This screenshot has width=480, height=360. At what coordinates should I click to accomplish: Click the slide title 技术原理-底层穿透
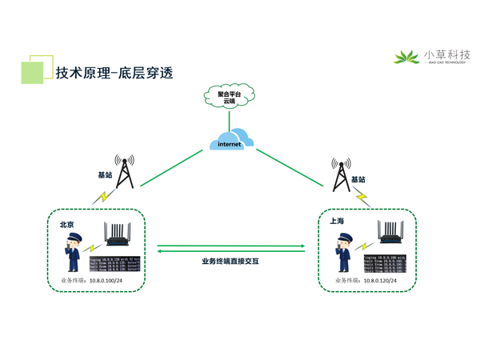click(x=114, y=72)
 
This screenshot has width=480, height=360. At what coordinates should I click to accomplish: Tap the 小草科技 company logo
click(x=432, y=56)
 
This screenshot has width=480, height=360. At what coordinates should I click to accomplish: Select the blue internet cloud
click(x=230, y=141)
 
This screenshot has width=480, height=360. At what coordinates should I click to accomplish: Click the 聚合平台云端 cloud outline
click(x=230, y=97)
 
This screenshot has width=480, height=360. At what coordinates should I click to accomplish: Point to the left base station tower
click(x=124, y=171)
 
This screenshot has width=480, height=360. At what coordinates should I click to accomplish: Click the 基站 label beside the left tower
click(x=106, y=174)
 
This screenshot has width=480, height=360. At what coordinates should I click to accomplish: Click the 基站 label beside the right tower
click(x=358, y=180)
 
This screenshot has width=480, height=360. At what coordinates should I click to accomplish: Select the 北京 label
click(x=67, y=225)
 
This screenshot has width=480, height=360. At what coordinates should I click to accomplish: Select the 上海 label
click(x=337, y=221)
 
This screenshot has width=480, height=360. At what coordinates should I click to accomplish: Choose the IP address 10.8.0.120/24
click(x=381, y=281)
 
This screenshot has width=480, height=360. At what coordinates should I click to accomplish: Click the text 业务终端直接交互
click(x=230, y=261)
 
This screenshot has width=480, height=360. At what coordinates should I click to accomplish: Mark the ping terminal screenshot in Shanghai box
click(x=386, y=263)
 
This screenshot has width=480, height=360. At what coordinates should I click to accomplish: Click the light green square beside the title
click(x=32, y=73)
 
